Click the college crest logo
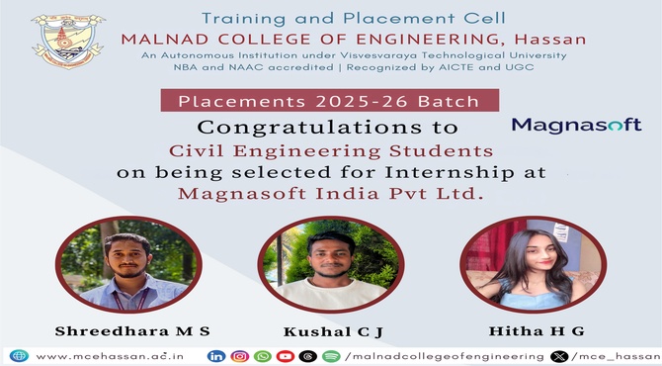click(x=68, y=41)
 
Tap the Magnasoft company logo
click(x=576, y=125)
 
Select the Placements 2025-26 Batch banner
click(x=330, y=101)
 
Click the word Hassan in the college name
click(x=550, y=40)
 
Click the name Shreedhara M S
click(x=132, y=331)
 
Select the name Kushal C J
click(x=333, y=331)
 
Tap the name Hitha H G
click(x=537, y=331)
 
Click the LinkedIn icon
click(x=216, y=356)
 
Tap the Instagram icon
click(x=239, y=356)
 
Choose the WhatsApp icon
click(x=263, y=356)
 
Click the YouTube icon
click(x=286, y=356)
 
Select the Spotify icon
click(x=331, y=356)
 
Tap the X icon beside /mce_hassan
click(x=559, y=357)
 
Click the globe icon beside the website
click(x=19, y=356)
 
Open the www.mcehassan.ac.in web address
click(x=110, y=356)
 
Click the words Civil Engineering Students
click(x=331, y=151)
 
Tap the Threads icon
click(x=308, y=356)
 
